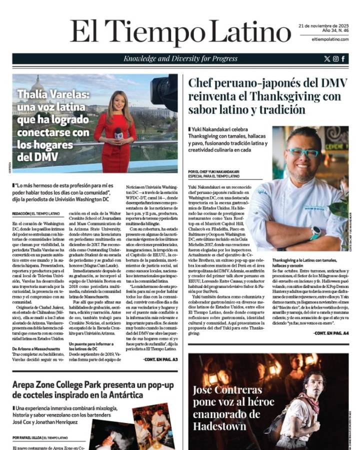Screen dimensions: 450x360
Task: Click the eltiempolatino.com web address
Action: pyautogui.click(x=328, y=39)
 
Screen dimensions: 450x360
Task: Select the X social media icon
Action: pyautogui.click(x=327, y=59)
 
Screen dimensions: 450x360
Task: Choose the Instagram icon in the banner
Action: pyautogui.click(x=335, y=59)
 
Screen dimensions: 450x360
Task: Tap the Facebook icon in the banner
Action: pyautogui.click(x=343, y=59)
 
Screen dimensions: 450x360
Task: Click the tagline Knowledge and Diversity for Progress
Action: pyautogui.click(x=180, y=59)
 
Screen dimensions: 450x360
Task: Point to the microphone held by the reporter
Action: pyautogui.click(x=118, y=134)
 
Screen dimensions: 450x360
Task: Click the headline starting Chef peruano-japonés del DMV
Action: pyautogui.click(x=267, y=95)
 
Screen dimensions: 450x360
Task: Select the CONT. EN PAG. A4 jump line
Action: pyautogui.click(x=331, y=333)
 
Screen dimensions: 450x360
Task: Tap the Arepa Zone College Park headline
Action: pyautogui.click(x=92, y=389)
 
